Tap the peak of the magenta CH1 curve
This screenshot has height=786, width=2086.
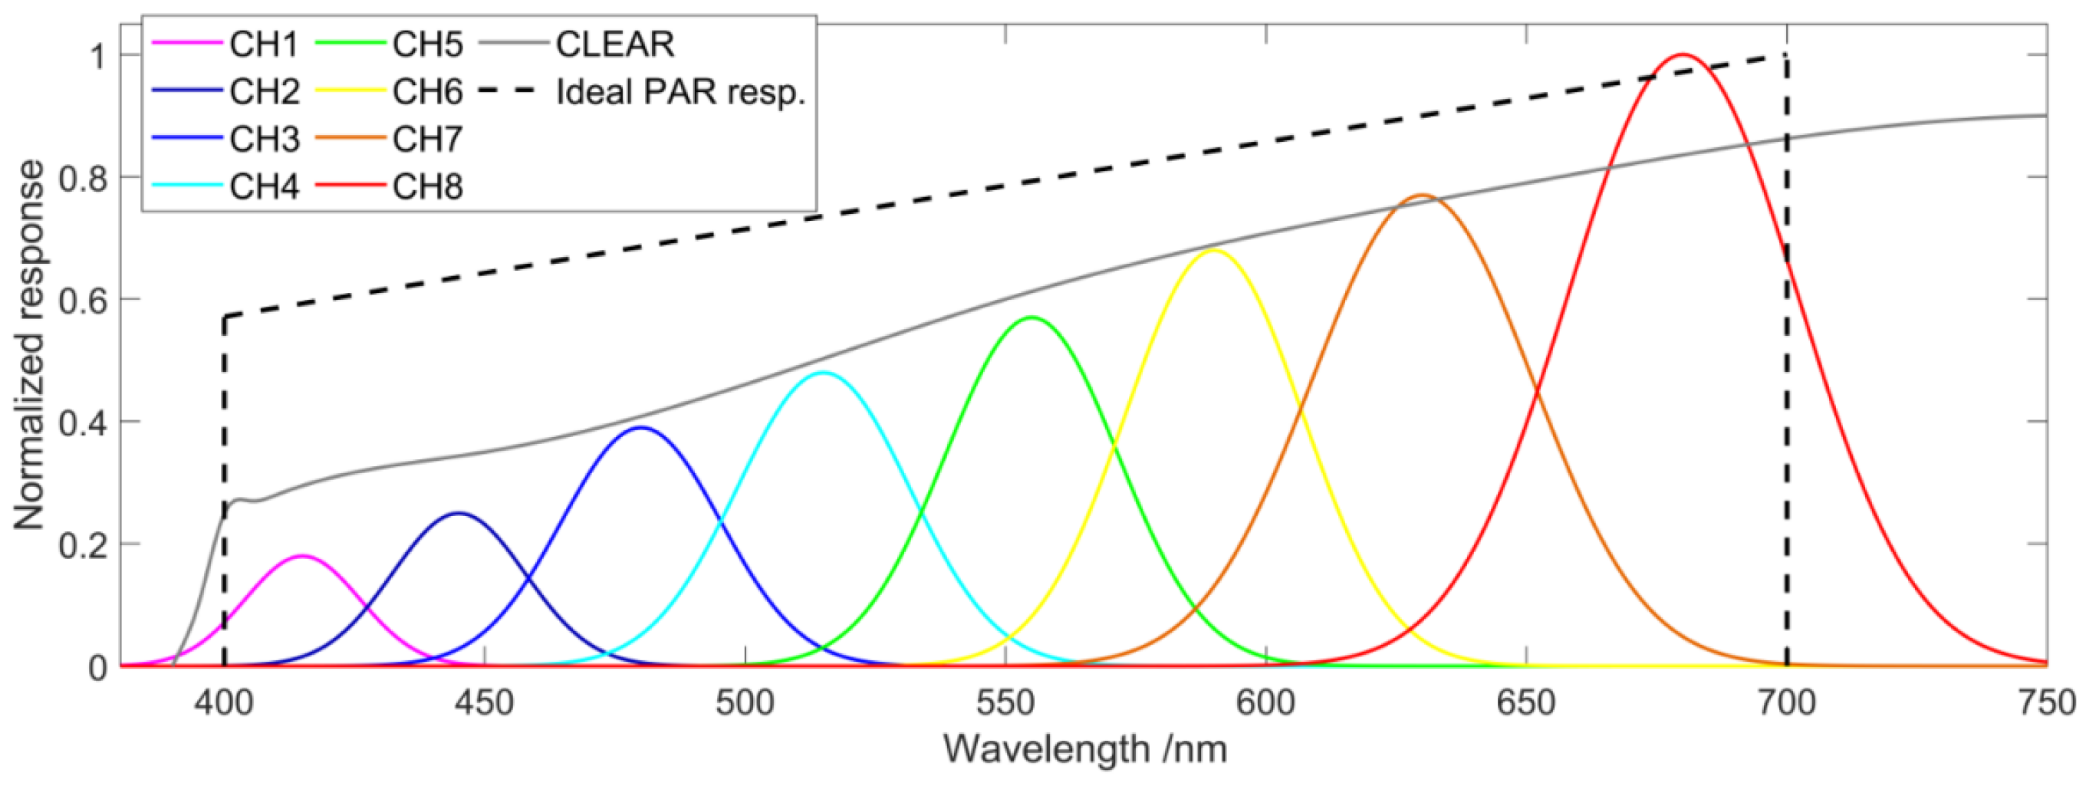point(302,555)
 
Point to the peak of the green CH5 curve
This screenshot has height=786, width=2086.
point(1031,317)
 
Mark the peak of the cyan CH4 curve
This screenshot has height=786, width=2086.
point(823,373)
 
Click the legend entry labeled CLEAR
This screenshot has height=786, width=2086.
point(614,44)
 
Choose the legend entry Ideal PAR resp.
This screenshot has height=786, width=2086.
point(680,92)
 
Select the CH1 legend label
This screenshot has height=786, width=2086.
point(264,44)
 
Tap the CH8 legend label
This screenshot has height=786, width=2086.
point(428,187)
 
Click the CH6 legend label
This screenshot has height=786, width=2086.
point(428,92)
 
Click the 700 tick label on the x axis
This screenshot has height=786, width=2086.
point(1787,702)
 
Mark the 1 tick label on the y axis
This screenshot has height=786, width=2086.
point(97,56)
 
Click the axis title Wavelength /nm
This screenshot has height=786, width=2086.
point(1084,748)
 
